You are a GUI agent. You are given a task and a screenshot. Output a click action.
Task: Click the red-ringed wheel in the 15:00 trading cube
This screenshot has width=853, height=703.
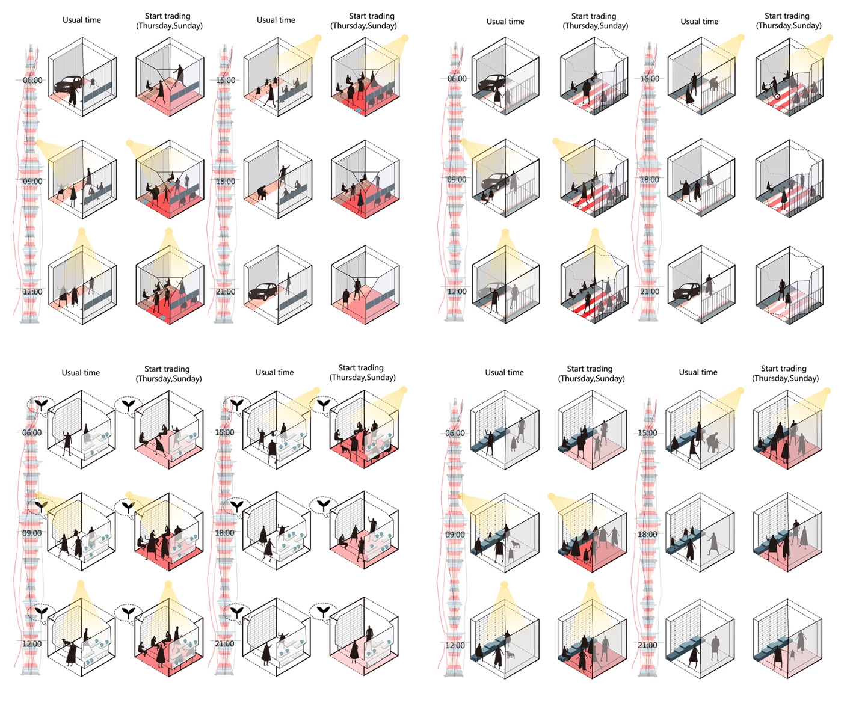coord(777,96)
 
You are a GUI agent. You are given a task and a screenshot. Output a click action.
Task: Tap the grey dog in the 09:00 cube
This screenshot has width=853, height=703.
coord(516,544)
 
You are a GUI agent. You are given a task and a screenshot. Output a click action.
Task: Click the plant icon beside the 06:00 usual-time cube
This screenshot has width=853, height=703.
coord(42,404)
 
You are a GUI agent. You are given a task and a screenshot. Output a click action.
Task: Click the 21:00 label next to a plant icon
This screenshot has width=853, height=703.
coord(224,643)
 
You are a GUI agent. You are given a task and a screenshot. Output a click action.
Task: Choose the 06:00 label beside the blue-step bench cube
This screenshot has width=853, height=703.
coord(455,433)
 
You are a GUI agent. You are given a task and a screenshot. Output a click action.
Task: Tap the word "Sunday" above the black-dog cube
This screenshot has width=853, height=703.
coord(378,377)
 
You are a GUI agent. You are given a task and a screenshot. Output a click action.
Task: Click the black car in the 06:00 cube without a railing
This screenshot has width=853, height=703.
coord(67,84)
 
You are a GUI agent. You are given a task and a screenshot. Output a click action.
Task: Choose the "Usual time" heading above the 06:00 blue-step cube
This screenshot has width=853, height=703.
coord(504,372)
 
